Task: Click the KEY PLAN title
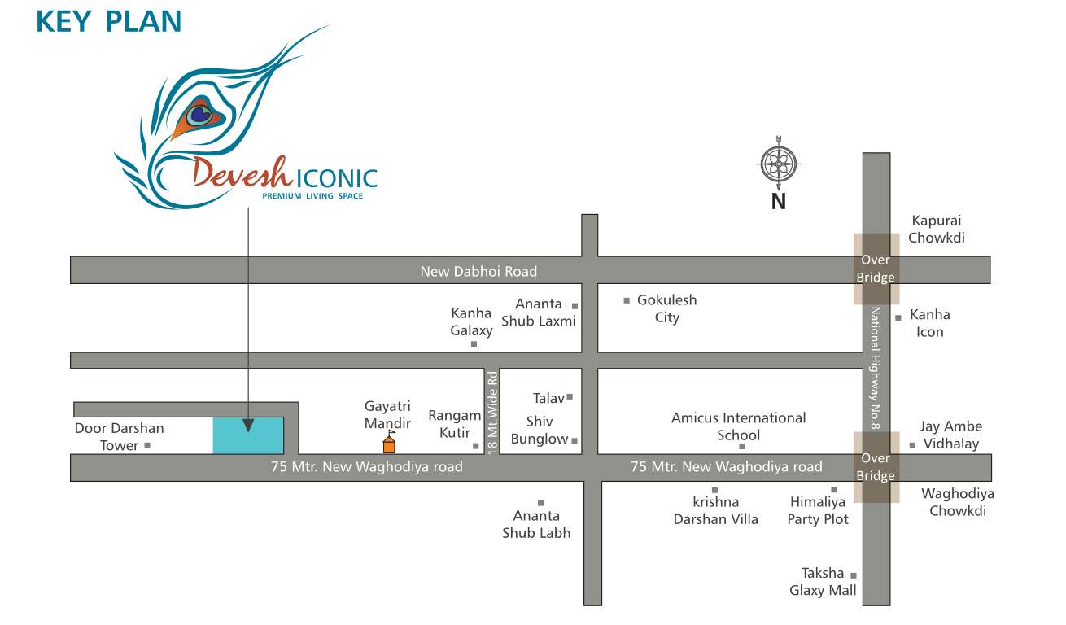pyautogui.click(x=108, y=21)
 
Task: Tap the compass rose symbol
pyautogui.click(x=779, y=165)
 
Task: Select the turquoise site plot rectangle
pyautogui.click(x=248, y=435)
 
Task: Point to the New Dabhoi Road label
pyautogui.click(x=478, y=271)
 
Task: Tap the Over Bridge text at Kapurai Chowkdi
pyautogui.click(x=876, y=269)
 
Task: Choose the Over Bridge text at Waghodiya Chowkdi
pyautogui.click(x=876, y=467)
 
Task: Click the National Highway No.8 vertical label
pyautogui.click(x=876, y=361)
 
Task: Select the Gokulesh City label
pyautogui.click(x=666, y=308)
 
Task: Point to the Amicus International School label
pyautogui.click(x=738, y=426)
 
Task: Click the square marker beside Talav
pyautogui.click(x=570, y=397)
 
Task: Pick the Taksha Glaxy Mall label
pyautogui.click(x=823, y=582)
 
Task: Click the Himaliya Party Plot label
pyautogui.click(x=818, y=510)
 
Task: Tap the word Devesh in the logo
pyautogui.click(x=238, y=173)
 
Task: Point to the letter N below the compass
pyautogui.click(x=779, y=201)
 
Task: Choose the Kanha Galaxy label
pyautogui.click(x=472, y=321)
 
